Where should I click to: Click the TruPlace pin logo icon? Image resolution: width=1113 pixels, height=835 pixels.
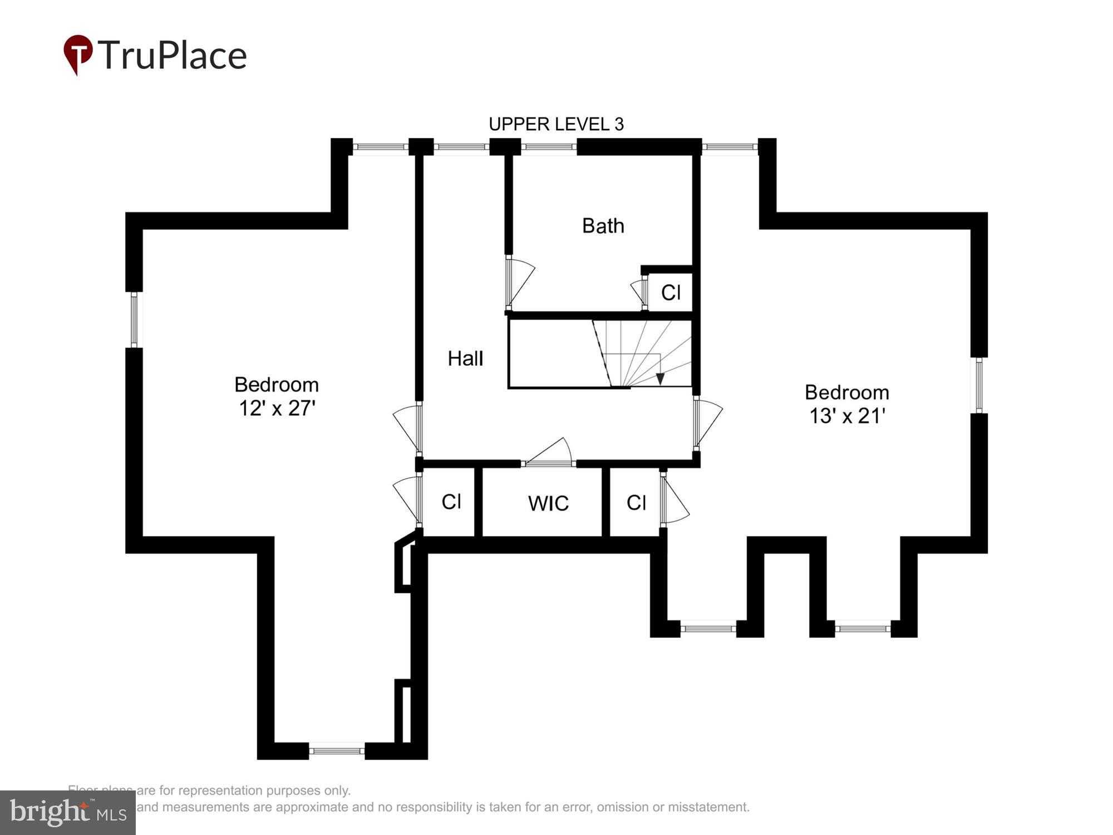click(78, 54)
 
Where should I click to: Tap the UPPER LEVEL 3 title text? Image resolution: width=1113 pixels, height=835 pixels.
click(556, 124)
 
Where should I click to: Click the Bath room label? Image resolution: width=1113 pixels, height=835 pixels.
click(603, 226)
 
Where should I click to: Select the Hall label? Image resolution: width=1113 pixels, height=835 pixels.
click(465, 358)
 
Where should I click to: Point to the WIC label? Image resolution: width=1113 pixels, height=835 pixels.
click(548, 503)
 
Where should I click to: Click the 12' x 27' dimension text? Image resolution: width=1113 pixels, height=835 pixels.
click(277, 409)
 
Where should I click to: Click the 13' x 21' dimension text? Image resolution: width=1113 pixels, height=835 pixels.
click(847, 416)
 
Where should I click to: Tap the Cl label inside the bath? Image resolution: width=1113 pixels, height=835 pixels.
click(671, 292)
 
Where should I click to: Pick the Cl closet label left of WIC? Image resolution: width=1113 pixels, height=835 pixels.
click(451, 502)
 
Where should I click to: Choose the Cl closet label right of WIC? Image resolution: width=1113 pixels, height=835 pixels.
click(636, 503)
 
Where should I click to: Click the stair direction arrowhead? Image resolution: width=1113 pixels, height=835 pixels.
click(660, 379)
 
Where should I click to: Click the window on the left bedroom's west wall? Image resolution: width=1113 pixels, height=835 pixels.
click(134, 320)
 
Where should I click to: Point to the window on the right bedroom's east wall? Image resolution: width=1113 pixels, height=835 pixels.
click(979, 385)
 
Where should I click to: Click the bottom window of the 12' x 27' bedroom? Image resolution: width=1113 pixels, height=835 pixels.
click(337, 751)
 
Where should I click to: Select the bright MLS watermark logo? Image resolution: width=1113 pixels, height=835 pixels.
click(67, 813)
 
